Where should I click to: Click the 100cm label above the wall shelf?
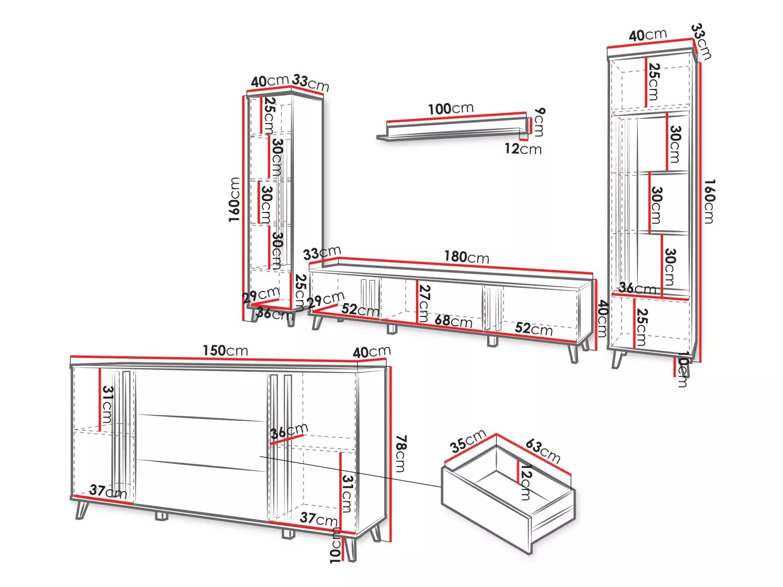[x=451, y=109]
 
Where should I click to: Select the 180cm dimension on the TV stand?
[x=466, y=257]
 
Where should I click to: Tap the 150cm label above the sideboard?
[x=225, y=350]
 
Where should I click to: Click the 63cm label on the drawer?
[x=543, y=451]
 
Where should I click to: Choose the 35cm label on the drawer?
[x=468, y=440]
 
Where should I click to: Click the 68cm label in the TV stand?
[x=453, y=321]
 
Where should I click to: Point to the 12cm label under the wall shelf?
[x=523, y=149]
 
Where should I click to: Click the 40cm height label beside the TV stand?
[x=603, y=319]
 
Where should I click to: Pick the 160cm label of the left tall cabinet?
[x=234, y=200]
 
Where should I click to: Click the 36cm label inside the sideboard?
[x=289, y=431]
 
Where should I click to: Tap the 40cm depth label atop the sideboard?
[x=371, y=352]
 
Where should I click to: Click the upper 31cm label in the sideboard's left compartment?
[x=108, y=405]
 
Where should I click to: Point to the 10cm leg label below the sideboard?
[x=335, y=545]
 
